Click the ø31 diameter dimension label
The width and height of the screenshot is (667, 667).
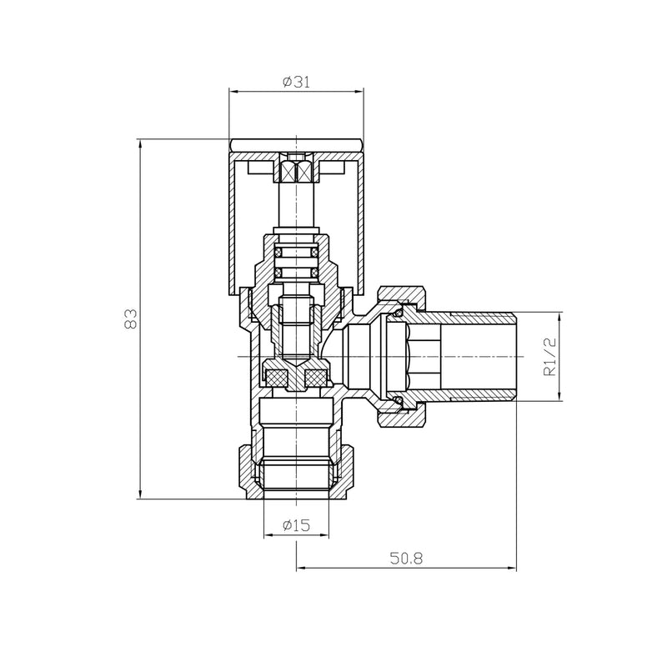click(296, 82)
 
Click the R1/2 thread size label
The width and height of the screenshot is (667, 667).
click(549, 358)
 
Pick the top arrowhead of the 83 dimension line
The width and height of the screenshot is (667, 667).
click(139, 143)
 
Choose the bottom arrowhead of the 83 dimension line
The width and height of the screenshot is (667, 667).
click(139, 495)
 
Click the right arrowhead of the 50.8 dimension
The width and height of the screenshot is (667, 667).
click(511, 569)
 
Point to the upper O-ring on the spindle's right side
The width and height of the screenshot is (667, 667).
click(314, 250)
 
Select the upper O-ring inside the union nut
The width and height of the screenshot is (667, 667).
click(399, 309)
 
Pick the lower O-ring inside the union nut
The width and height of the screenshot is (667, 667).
click(399, 404)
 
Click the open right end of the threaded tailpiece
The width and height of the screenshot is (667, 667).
click(514, 357)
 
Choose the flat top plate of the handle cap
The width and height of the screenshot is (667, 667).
click(296, 145)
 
